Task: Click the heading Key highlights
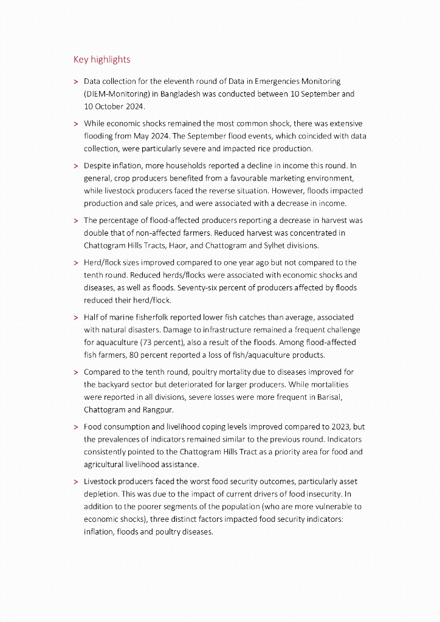[101, 60]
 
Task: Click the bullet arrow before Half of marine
[76, 318]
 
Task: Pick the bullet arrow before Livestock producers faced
[76, 482]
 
